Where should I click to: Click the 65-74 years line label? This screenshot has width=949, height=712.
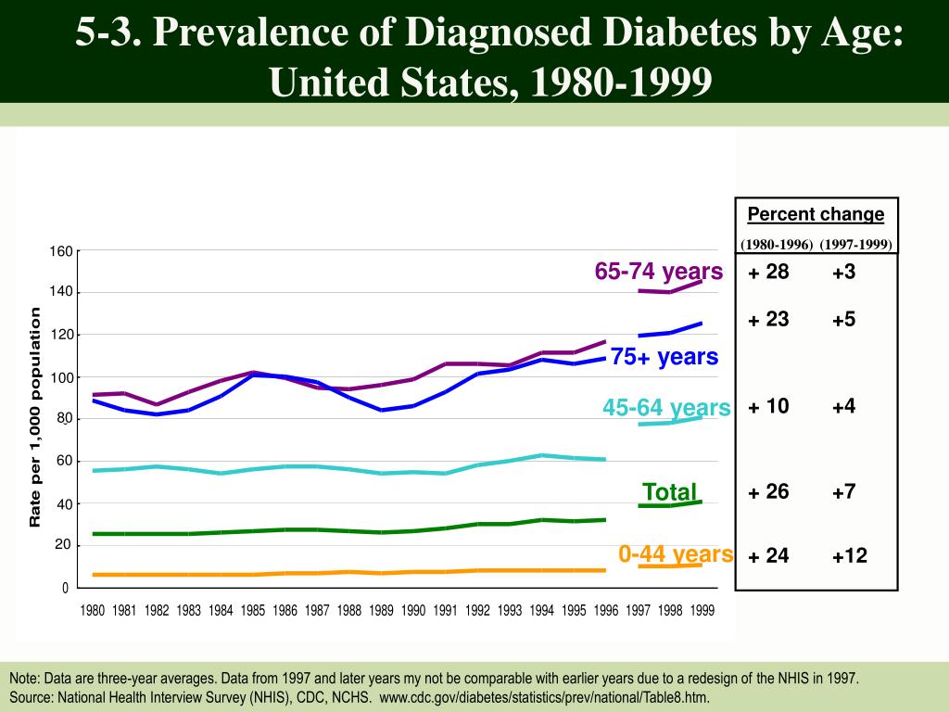(658, 272)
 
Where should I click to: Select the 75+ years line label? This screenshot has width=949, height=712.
(664, 357)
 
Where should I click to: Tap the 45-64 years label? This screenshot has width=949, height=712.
(666, 408)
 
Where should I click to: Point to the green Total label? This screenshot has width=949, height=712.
(669, 491)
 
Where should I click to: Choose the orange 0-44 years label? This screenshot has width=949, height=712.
(676, 554)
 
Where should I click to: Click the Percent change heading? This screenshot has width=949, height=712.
(816, 215)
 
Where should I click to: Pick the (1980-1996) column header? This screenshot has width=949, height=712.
(777, 245)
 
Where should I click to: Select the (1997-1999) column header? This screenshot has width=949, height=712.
(855, 245)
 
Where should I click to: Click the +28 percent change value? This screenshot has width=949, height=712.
(768, 273)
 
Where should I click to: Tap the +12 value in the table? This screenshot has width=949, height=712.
(849, 556)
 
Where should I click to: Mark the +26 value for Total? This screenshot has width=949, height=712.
(768, 491)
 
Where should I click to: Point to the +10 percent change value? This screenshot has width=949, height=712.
(768, 406)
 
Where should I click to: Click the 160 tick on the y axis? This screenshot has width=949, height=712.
(60, 251)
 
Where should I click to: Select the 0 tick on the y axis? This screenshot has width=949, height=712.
(65, 588)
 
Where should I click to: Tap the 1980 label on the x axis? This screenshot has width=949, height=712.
(93, 610)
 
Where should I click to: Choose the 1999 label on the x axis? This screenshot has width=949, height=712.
(702, 610)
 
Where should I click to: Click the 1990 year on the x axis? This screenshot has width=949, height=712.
(413, 610)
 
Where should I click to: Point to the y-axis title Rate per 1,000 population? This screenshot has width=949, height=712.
(35, 417)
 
